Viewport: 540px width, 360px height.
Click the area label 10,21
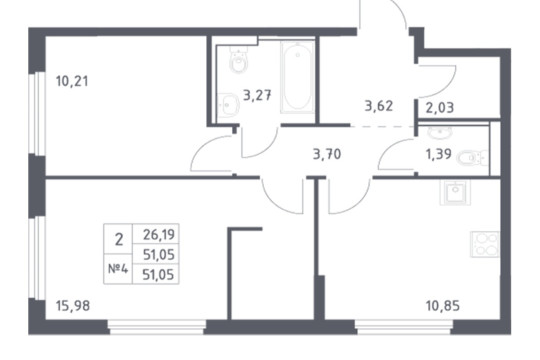tap(72, 81)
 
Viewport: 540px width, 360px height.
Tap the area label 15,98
tap(73, 306)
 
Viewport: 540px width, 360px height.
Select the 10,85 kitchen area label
tap(443, 306)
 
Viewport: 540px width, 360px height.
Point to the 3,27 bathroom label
tap(257, 95)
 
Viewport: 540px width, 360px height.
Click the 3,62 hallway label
tap(379, 106)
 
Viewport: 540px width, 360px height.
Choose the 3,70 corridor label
tap(327, 154)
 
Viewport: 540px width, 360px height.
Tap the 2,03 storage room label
tap(440, 108)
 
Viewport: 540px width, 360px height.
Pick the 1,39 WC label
tap(439, 154)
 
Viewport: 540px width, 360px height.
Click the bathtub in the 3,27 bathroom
tap(297, 77)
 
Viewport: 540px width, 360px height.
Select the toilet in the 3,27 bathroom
tap(238, 59)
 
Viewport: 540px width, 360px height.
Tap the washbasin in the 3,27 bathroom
tap(228, 105)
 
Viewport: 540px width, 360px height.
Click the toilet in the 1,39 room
tap(472, 158)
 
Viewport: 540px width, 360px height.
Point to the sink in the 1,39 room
tap(440, 132)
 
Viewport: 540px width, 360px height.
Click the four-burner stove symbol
tap(485, 244)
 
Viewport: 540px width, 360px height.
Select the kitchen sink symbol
tap(455, 193)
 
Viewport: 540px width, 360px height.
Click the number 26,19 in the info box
tap(159, 235)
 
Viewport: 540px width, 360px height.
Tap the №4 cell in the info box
tap(118, 269)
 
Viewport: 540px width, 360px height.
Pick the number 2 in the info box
tap(119, 239)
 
